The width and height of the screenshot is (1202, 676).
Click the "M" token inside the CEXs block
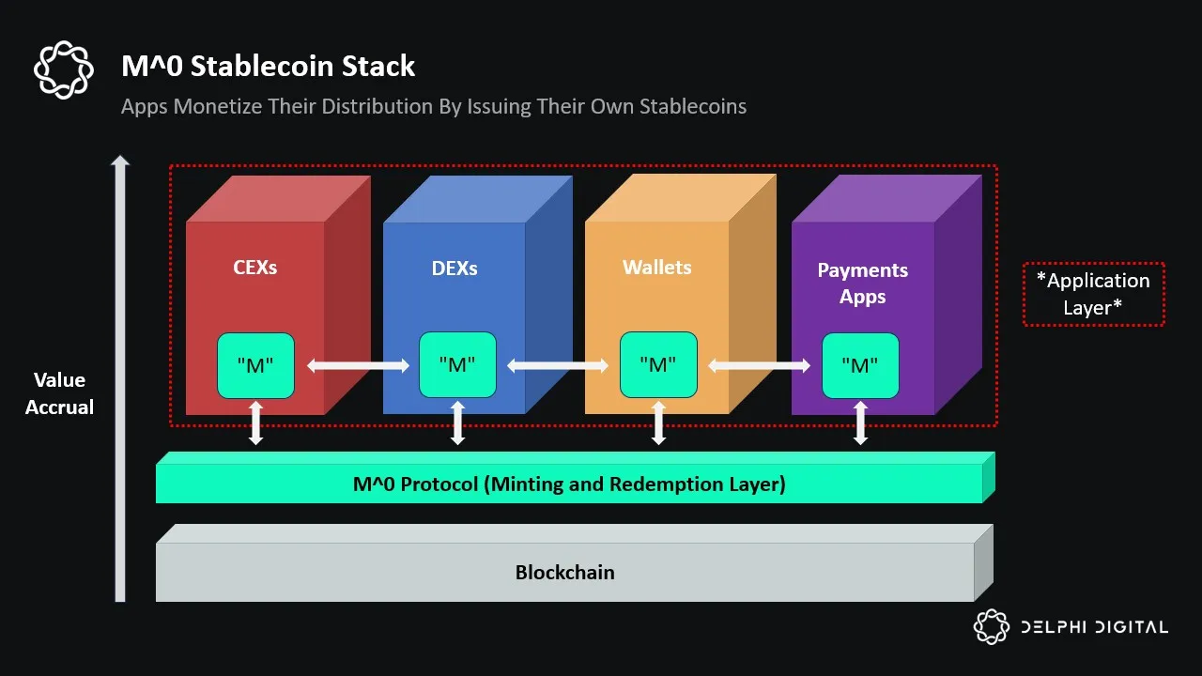pyautogui.click(x=255, y=365)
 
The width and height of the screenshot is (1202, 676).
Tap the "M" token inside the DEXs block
pyautogui.click(x=457, y=365)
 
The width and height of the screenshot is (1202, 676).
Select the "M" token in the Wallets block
pyautogui.click(x=658, y=365)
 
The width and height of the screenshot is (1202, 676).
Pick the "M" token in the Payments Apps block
pyautogui.click(x=860, y=366)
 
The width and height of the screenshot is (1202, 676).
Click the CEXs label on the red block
pyautogui.click(x=255, y=268)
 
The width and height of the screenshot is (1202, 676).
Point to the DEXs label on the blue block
pyautogui.click(x=455, y=269)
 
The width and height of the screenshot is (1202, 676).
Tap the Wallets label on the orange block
pyautogui.click(x=656, y=268)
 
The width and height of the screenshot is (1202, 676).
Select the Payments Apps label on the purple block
pyautogui.click(x=862, y=284)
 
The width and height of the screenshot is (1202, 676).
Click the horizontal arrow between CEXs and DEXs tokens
pyautogui.click(x=357, y=365)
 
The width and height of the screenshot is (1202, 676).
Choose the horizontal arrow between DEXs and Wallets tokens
pyautogui.click(x=558, y=365)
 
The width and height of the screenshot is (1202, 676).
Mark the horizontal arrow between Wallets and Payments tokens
pyautogui.click(x=760, y=365)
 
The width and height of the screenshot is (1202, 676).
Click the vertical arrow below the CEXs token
pyautogui.click(x=255, y=422)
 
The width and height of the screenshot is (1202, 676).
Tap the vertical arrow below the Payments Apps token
pyautogui.click(x=860, y=422)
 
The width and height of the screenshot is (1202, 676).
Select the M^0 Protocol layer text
pyautogui.click(x=569, y=484)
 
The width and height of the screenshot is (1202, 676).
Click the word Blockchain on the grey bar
pyautogui.click(x=564, y=572)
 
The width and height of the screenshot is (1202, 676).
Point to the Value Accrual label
pyautogui.click(x=60, y=393)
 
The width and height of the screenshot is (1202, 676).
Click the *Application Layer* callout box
pyautogui.click(x=1093, y=294)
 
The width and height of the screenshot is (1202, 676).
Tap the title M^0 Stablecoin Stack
pyautogui.click(x=269, y=67)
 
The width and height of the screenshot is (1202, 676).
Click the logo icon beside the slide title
pyautogui.click(x=64, y=69)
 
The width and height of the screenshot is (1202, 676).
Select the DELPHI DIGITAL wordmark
pyautogui.click(x=1094, y=627)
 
